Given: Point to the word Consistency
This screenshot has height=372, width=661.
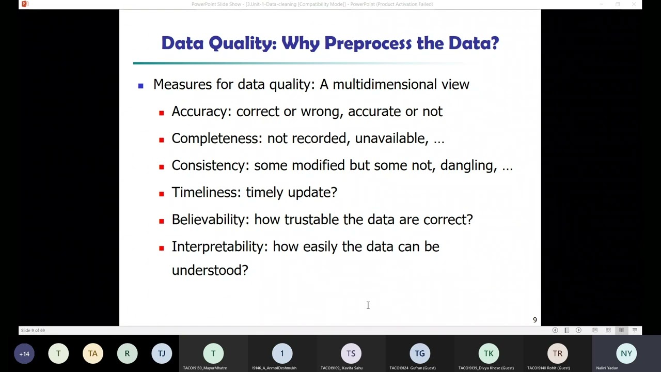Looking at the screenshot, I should (210, 165).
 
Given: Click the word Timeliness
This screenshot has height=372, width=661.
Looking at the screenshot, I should (206, 192).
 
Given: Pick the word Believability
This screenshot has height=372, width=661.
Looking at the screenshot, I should (210, 220).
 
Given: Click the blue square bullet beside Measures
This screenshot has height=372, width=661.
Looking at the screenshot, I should (140, 86).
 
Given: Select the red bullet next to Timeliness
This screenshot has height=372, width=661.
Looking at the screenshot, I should (162, 194).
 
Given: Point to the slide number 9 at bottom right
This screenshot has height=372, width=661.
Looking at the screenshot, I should (534, 320).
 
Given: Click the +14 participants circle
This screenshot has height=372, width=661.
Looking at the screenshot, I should (24, 354).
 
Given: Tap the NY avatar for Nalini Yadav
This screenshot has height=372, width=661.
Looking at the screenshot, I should (626, 354).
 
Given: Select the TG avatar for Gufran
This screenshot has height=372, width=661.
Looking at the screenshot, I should (420, 354).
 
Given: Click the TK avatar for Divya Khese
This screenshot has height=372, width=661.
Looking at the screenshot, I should (489, 354).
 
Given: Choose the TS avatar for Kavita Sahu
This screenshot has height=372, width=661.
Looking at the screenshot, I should (351, 354).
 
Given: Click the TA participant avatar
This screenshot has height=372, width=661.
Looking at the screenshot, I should (93, 354).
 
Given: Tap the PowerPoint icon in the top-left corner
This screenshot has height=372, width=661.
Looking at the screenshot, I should (25, 4).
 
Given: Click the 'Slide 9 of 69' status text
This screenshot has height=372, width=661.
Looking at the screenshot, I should (33, 331).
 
